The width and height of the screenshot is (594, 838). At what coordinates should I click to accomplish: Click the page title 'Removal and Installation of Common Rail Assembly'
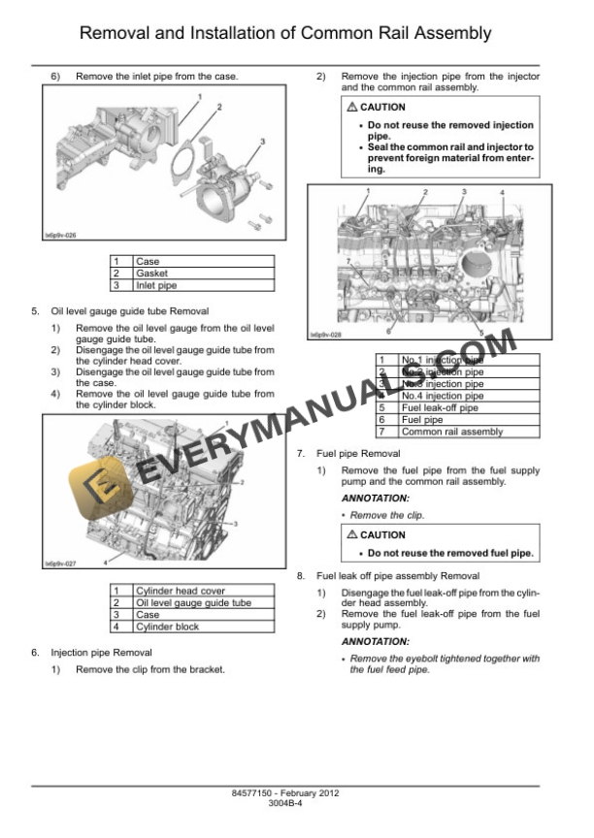[284, 34]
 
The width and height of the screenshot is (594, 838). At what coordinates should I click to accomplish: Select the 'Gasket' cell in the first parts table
[151, 274]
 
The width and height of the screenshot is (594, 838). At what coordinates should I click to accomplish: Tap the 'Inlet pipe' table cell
[155, 285]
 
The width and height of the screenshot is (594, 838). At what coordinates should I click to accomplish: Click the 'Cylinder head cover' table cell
[180, 591]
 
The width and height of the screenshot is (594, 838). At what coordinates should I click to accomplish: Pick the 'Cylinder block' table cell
[167, 627]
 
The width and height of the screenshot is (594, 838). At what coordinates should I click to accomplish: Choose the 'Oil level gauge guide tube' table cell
[192, 602]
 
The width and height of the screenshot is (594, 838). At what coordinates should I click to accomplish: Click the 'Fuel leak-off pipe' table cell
[439, 408]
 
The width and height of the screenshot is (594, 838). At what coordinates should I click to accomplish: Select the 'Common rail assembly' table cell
[451, 432]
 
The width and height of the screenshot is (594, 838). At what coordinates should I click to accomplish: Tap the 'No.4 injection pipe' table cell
[442, 396]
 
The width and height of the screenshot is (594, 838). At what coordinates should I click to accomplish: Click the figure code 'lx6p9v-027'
[60, 564]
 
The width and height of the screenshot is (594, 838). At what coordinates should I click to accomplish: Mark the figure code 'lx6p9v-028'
[326, 336]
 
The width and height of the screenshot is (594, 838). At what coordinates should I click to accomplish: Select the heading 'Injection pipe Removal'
[101, 652]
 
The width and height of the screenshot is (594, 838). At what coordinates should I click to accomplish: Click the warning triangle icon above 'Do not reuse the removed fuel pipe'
[352, 534]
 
